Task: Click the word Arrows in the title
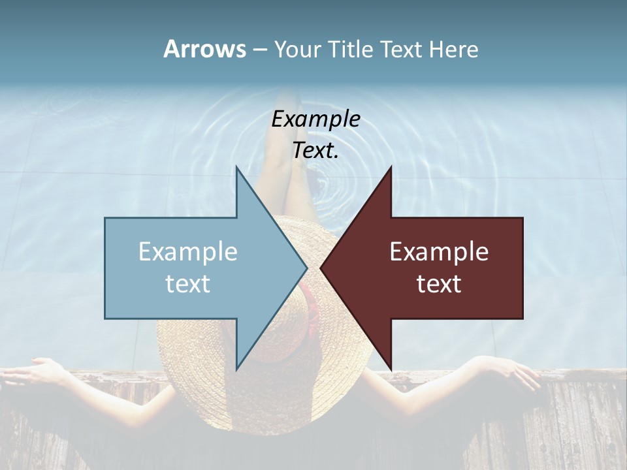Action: click(204, 49)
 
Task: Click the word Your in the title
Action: click(297, 50)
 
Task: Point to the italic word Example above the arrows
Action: click(316, 119)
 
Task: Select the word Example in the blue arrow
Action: click(188, 252)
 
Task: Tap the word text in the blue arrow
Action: click(188, 284)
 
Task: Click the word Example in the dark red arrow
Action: click(439, 252)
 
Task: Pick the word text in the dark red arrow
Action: click(439, 284)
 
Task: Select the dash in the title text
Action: click(259, 50)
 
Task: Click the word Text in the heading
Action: click(402, 50)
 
